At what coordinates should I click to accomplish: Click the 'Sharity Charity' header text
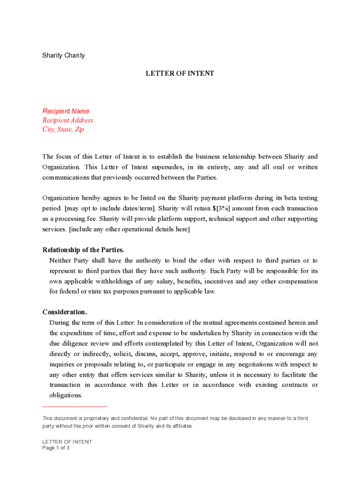point(64,56)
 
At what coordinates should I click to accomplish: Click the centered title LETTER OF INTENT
point(180,73)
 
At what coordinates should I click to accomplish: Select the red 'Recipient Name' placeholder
point(66,111)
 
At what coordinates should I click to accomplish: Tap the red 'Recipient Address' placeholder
point(68,120)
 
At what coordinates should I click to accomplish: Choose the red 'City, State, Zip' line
point(64,130)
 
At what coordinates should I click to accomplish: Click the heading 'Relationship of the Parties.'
point(83,250)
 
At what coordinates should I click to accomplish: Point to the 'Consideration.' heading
point(65,312)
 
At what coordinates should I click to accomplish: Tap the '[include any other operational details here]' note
point(130,229)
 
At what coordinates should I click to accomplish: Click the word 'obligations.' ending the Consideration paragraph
point(65,395)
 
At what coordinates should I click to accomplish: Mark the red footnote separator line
point(75,406)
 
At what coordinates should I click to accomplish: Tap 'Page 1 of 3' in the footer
point(56,448)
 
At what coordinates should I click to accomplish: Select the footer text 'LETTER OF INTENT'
point(67,442)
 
